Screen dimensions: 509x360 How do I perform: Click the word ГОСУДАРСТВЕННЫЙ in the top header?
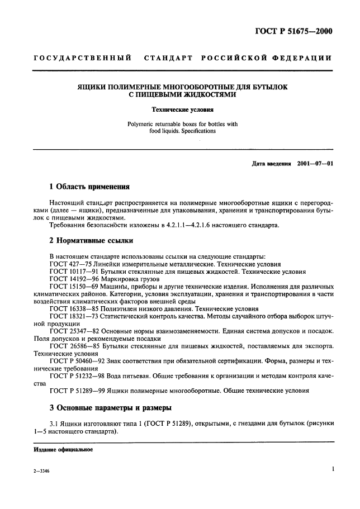point(83,58)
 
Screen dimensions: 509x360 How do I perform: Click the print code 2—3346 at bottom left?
point(41,472)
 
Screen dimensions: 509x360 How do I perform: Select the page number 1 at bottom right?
point(332,470)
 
